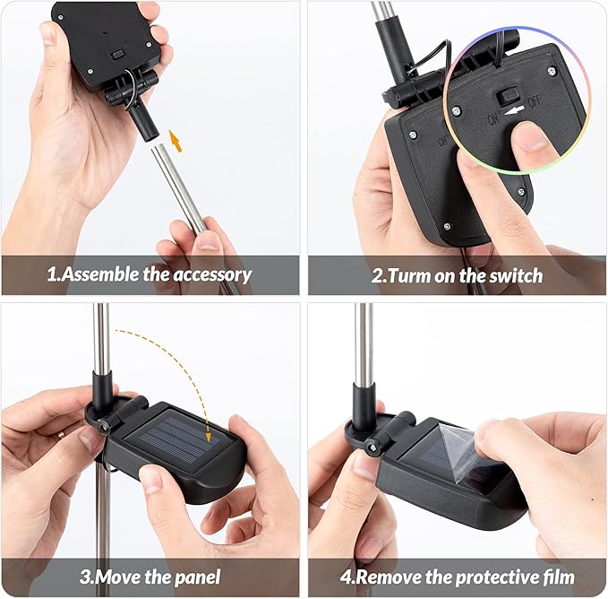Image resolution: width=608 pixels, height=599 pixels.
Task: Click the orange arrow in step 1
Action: [x=176, y=141]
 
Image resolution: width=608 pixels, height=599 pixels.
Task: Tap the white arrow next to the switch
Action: [x=514, y=111]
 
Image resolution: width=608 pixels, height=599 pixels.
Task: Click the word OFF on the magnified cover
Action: [x=535, y=101]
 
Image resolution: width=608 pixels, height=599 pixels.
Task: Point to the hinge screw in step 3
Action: [x=103, y=427]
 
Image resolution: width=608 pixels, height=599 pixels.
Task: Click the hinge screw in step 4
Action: [x=373, y=448]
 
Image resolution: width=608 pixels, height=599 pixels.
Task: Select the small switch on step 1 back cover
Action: [x=117, y=55]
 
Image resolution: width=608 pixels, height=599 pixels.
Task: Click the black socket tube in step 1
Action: [x=143, y=121]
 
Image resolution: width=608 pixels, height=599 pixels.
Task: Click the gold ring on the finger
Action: [x=61, y=434]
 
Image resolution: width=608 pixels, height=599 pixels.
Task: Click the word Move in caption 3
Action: [x=117, y=577]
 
